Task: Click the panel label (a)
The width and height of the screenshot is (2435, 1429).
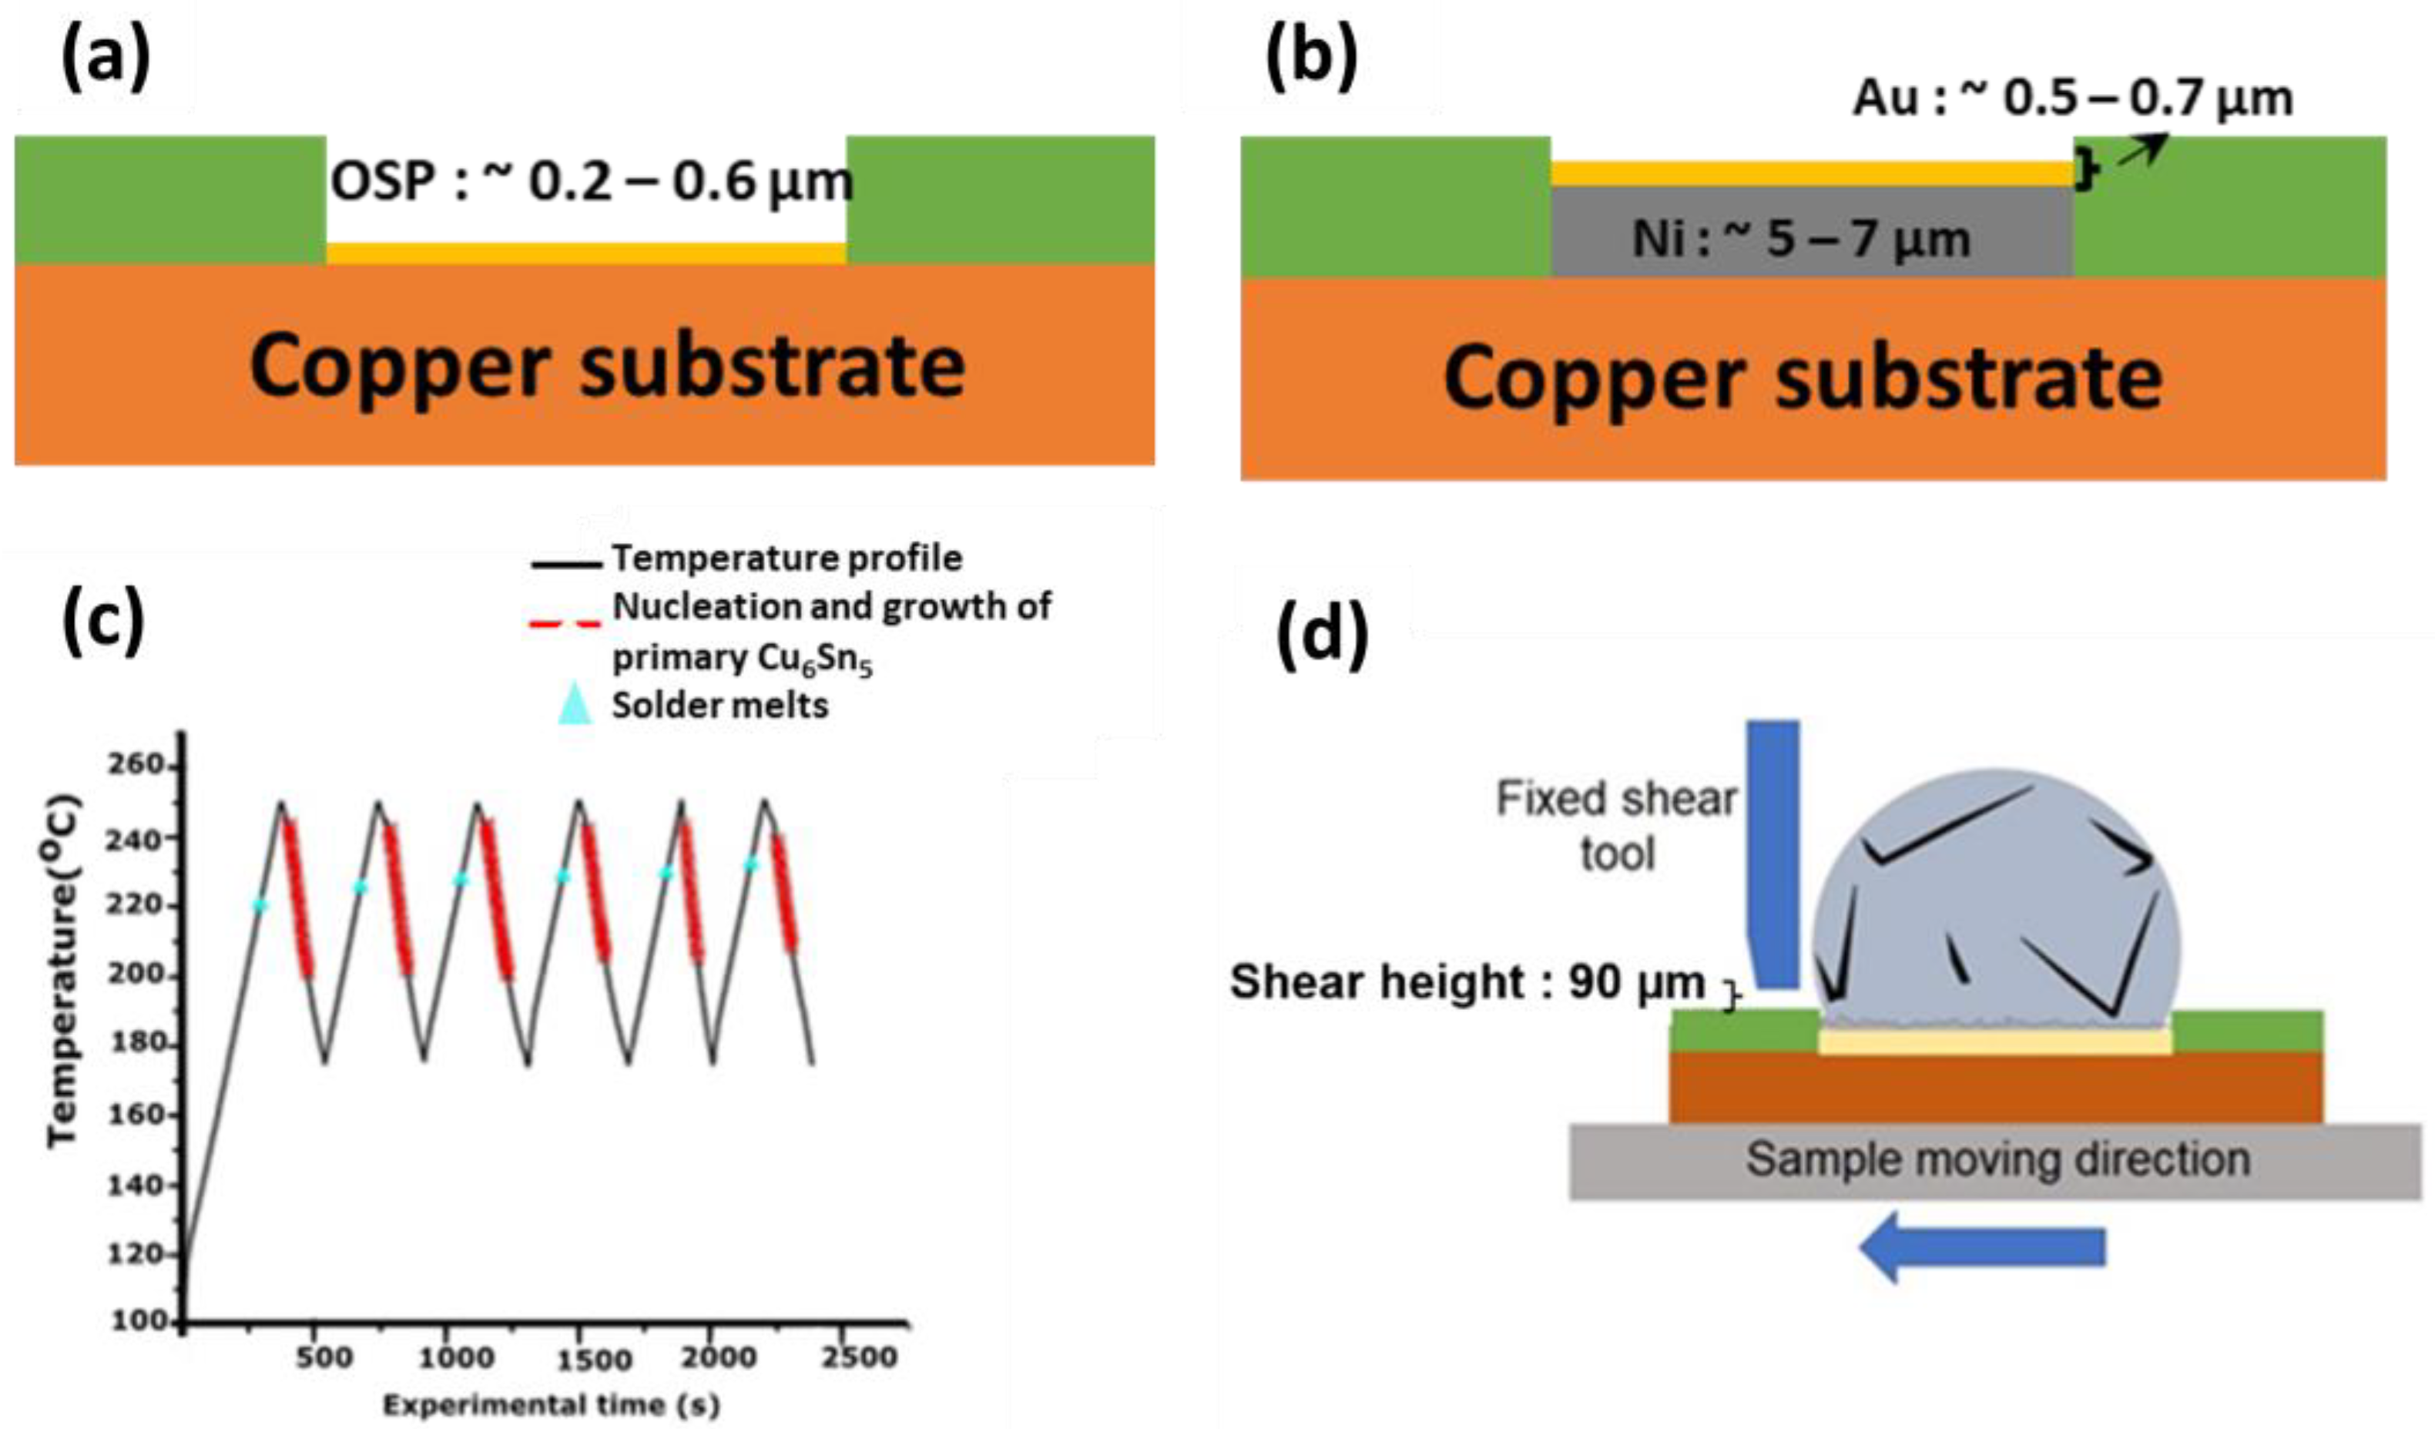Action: (x=106, y=59)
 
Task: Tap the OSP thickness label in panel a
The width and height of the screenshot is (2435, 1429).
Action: (x=592, y=183)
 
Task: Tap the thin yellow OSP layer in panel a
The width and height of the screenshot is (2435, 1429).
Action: (x=585, y=253)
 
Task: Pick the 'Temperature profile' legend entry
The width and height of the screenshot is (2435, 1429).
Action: (x=787, y=558)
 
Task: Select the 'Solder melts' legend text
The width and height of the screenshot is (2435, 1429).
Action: (x=720, y=706)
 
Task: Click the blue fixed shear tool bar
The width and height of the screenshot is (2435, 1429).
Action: (x=1774, y=850)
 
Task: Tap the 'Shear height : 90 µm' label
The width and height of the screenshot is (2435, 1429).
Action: (x=1467, y=983)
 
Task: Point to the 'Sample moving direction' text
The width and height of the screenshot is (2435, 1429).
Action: (x=1997, y=1159)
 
